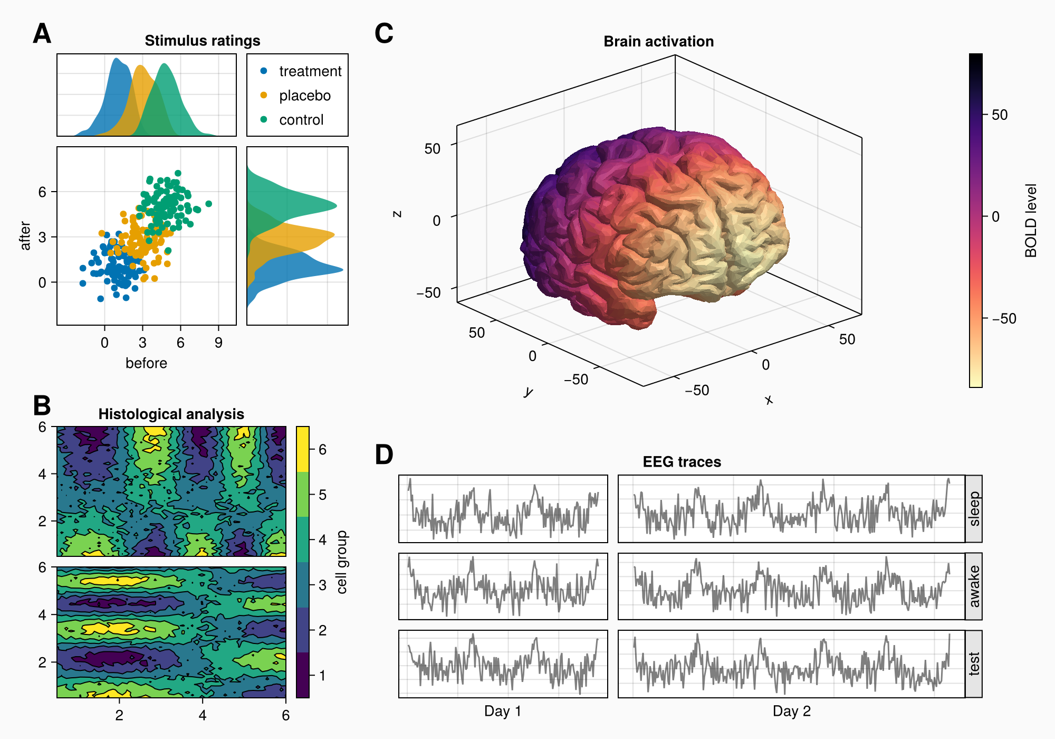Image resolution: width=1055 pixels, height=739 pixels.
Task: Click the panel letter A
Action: coord(42,34)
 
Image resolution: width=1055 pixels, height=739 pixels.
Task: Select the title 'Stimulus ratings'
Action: coord(202,41)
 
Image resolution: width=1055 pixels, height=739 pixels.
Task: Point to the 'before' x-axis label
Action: coord(146,363)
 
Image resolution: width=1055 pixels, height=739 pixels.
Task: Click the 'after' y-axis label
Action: coord(25,235)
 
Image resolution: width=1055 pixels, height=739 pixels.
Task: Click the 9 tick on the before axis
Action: coord(218,343)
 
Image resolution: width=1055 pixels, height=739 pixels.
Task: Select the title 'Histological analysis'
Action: coord(171,414)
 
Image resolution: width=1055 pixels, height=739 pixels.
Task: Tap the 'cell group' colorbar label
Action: coord(342,562)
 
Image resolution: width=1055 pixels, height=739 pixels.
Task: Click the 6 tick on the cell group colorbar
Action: coord(322,450)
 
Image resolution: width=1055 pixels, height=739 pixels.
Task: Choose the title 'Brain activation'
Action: coord(658,41)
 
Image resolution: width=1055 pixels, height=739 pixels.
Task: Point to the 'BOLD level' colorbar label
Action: coord(1031,221)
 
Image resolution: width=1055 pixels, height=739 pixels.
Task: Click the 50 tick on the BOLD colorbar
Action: coord(999,115)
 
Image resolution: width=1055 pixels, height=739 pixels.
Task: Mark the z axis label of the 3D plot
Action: coord(397,214)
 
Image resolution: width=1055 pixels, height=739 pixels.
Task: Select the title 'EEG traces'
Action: coord(682,462)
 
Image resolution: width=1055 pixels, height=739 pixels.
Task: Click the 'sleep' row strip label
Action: coord(974,509)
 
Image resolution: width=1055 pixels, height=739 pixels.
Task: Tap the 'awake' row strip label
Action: coord(974,586)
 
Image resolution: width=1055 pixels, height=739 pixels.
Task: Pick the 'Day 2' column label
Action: coord(791,711)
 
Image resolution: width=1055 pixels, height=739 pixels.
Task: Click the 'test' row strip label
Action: coord(974,664)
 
